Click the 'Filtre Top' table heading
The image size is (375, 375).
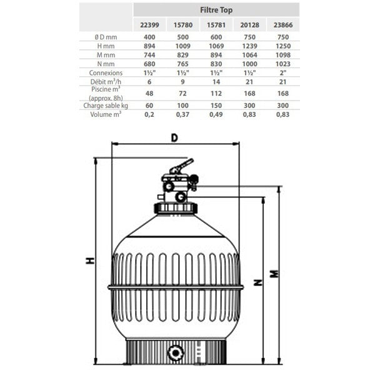tap(216, 10)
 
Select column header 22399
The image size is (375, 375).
tap(149, 25)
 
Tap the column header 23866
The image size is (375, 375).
tap(283, 25)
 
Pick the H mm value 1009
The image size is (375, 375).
tap(182, 46)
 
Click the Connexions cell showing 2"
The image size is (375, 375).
tap(283, 72)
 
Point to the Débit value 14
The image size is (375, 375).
tap(216, 82)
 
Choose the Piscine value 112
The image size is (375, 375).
tap(216, 93)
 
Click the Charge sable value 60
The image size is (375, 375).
tap(149, 106)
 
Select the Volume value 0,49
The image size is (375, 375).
tap(216, 114)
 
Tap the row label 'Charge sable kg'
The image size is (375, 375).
tap(106, 106)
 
